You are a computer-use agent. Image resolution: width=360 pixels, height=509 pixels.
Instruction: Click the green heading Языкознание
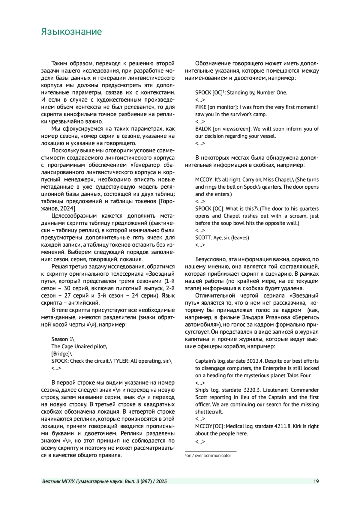[71, 31]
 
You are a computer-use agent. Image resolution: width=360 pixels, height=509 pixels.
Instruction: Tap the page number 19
[316, 481]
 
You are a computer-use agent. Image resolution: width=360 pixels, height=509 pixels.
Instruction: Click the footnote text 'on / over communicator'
[209, 456]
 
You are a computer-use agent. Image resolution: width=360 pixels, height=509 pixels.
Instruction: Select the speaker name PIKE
[201, 107]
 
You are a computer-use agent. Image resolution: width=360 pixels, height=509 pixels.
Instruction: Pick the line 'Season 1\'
[63, 339]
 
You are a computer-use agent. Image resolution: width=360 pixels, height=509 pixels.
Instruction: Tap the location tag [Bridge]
[61, 354]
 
